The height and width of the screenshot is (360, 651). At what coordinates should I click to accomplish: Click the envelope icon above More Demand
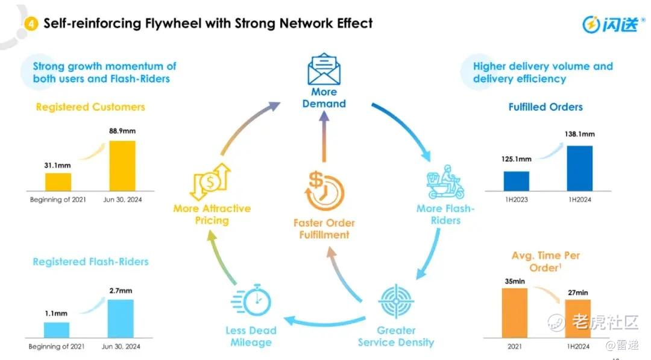click(324, 69)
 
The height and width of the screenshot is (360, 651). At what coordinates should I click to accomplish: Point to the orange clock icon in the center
click(325, 192)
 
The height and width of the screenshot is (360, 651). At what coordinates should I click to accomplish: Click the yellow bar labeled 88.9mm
click(122, 165)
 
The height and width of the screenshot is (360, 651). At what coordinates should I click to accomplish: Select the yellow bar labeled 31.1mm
click(58, 182)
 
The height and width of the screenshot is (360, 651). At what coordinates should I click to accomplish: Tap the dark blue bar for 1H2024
click(579, 168)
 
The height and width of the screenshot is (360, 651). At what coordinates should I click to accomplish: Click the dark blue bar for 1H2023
click(516, 181)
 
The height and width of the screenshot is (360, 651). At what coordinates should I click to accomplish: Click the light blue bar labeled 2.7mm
click(121, 318)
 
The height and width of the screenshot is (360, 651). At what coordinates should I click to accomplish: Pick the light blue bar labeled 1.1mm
click(57, 329)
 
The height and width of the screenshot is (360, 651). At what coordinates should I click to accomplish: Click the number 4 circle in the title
click(31, 24)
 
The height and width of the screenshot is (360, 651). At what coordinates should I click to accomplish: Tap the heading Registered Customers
click(90, 107)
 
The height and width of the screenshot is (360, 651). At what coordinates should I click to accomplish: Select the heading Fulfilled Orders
click(546, 107)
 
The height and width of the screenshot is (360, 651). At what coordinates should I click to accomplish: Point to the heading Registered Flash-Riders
click(90, 262)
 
